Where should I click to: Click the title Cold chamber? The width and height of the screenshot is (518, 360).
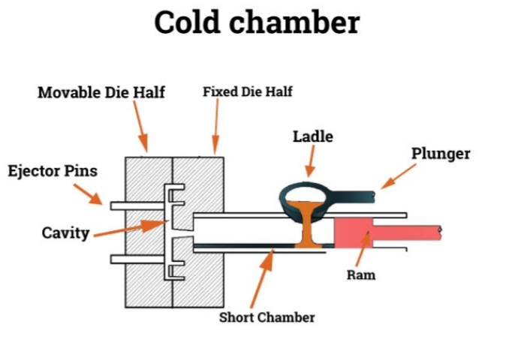pos(257,22)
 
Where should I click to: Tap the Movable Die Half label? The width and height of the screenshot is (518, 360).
pos(101,93)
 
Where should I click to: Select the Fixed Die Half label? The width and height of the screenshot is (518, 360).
pos(247,92)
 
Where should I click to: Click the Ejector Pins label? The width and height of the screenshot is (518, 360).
pos(52,171)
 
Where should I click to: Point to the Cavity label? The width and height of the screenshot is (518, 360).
pos(65,232)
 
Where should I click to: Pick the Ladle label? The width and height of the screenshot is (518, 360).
pos(312,136)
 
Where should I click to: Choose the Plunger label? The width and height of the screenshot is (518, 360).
pos(441,154)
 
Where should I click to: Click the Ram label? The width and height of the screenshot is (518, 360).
pos(361,274)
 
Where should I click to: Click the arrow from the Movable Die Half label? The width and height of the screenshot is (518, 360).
pos(141,125)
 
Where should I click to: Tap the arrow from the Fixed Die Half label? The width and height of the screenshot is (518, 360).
pos(216,125)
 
